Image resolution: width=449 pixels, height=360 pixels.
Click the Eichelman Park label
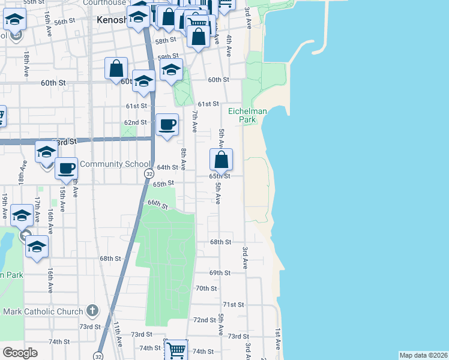pos(243,115)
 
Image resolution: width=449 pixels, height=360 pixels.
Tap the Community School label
pos(115,164)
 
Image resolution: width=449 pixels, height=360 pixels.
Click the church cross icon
pos(92,311)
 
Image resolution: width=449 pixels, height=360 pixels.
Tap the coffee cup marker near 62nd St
pos(167,125)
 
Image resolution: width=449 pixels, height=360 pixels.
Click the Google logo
pos(19,353)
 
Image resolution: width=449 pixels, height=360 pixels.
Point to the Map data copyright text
pos(423,355)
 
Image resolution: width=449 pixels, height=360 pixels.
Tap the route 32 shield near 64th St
pos(148,173)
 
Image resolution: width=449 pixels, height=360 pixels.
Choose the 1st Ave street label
pos(278,339)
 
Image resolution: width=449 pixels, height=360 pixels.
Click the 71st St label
pos(233,305)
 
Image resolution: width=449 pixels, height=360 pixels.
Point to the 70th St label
pos(206,289)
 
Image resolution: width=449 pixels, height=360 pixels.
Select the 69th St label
pos(220,273)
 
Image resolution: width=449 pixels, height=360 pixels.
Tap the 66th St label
pos(157,204)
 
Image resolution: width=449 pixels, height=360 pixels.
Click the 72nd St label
pos(204,320)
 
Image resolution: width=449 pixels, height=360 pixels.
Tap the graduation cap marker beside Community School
pos(46,152)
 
